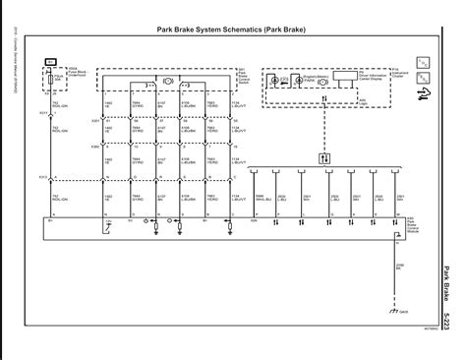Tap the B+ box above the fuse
click(x=52, y=61)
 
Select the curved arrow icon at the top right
click(x=425, y=94)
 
